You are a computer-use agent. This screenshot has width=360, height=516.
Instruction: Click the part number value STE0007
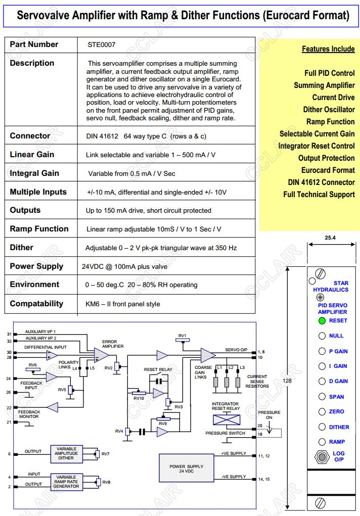101,44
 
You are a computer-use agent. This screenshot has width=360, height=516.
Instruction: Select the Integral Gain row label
34,173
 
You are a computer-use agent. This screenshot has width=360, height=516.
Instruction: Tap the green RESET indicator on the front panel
322,320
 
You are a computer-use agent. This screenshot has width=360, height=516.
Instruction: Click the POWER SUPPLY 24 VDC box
186,469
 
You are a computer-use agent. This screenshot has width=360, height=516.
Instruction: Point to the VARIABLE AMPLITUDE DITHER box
66,454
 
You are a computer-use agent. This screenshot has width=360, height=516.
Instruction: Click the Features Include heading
328,49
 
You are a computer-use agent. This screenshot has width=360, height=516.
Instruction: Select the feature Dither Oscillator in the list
329,110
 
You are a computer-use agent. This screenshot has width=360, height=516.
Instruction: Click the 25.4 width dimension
330,238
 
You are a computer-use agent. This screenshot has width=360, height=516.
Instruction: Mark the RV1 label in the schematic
182,336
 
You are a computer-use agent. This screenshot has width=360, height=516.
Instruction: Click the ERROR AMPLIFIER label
109,344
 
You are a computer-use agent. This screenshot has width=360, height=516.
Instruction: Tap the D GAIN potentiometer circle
322,381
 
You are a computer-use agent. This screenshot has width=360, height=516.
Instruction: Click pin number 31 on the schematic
9,334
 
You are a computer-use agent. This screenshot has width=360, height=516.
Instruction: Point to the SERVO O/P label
235,350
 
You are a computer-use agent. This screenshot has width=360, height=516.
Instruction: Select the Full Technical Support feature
319,195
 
